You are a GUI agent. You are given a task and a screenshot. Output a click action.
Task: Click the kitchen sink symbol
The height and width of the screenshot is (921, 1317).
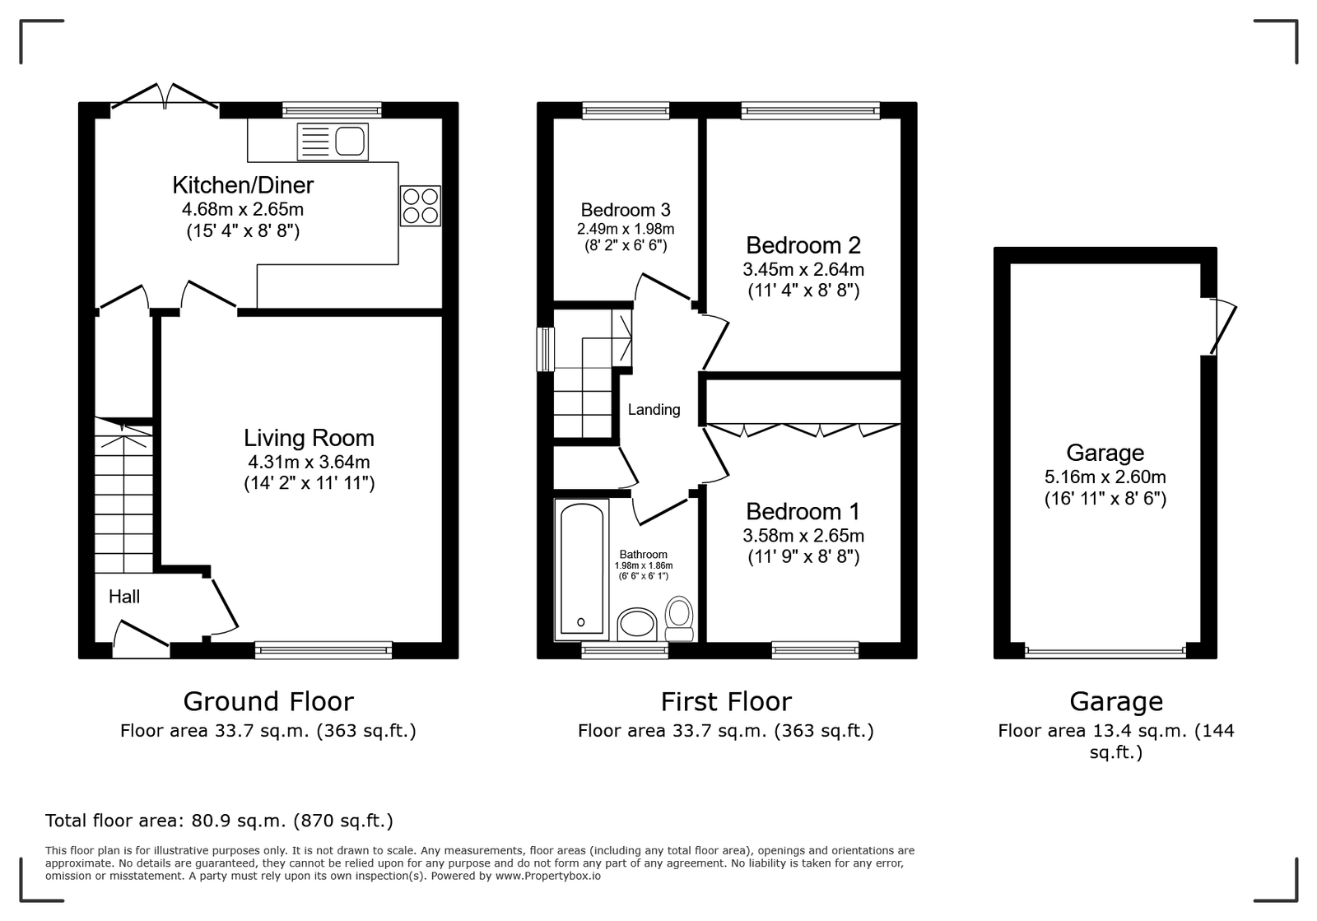333,142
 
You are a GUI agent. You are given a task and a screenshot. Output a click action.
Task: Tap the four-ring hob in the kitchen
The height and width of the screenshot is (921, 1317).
421,206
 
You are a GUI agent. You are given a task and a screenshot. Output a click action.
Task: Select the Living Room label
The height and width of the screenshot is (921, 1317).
309,438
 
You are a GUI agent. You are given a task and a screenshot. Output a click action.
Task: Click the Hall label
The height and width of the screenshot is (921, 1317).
124,598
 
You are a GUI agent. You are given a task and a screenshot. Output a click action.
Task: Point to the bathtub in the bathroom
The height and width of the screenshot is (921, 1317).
582,570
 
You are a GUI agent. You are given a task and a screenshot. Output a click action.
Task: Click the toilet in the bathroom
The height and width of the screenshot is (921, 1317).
679,618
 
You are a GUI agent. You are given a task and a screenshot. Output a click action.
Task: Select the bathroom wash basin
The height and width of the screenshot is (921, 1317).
637,624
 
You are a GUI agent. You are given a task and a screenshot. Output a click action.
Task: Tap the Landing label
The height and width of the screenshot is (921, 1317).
654,410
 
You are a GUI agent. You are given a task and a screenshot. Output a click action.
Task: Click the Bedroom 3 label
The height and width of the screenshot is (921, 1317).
626,210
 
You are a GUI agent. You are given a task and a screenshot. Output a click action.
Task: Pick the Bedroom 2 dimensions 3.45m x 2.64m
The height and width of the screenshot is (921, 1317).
803,269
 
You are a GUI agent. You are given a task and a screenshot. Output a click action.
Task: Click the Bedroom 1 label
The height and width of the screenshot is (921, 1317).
803,511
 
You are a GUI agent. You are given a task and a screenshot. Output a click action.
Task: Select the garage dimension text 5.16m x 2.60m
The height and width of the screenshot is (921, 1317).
1105,477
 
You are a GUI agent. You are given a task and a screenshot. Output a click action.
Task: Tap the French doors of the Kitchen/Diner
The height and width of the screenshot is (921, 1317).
165,97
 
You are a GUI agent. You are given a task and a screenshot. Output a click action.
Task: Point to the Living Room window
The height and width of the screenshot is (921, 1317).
323,649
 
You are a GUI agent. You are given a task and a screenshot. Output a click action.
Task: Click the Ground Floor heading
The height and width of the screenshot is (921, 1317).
268,701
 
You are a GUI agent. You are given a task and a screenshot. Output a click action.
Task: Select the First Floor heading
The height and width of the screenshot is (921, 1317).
726,701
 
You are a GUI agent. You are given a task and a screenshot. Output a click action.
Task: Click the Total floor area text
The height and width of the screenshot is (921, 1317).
219,821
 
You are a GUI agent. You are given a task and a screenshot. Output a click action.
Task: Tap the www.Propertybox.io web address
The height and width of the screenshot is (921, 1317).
548,876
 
